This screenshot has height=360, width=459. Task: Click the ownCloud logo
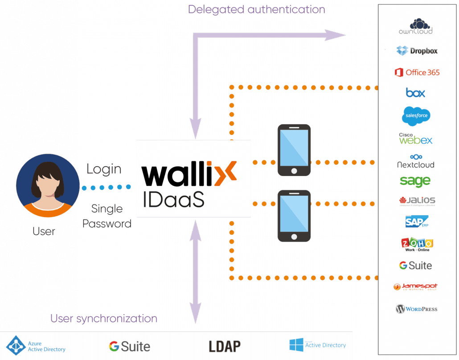coord(416,26)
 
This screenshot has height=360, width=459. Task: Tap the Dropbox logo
coord(417,51)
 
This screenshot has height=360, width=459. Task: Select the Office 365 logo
coord(417,72)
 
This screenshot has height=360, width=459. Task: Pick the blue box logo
coord(415,93)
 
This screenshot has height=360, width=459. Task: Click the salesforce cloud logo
coord(416,116)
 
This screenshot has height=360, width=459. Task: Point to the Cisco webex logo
coord(415,139)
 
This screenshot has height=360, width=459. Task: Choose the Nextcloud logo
coord(415,161)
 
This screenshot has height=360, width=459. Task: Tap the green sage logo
coord(415,181)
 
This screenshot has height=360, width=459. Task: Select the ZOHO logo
coord(417,245)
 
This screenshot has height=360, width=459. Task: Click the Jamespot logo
coord(415,287)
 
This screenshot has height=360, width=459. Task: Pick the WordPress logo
coord(416,309)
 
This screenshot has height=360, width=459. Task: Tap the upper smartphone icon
coord(293,150)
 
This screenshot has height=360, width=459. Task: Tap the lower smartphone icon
coord(293,216)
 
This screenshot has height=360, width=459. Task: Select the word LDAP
coord(225,346)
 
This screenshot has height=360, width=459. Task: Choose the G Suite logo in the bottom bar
coord(129,346)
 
